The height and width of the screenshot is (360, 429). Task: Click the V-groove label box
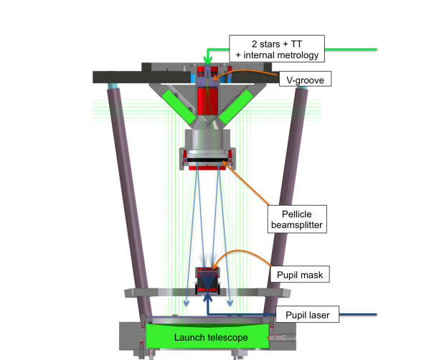pos(305,79)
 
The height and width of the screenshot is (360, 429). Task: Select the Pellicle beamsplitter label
pos(297,219)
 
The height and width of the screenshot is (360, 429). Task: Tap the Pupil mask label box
pos(300,274)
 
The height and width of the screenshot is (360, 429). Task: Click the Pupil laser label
pos(307,314)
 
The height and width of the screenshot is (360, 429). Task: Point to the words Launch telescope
pos(211,338)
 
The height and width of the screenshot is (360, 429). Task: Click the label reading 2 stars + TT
pos(277,44)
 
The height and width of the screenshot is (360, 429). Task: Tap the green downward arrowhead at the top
pos(207,61)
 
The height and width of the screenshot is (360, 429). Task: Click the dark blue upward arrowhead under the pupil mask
pos(208,297)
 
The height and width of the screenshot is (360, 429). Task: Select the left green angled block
pos(179,107)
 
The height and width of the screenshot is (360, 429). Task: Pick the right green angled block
pos(236,106)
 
